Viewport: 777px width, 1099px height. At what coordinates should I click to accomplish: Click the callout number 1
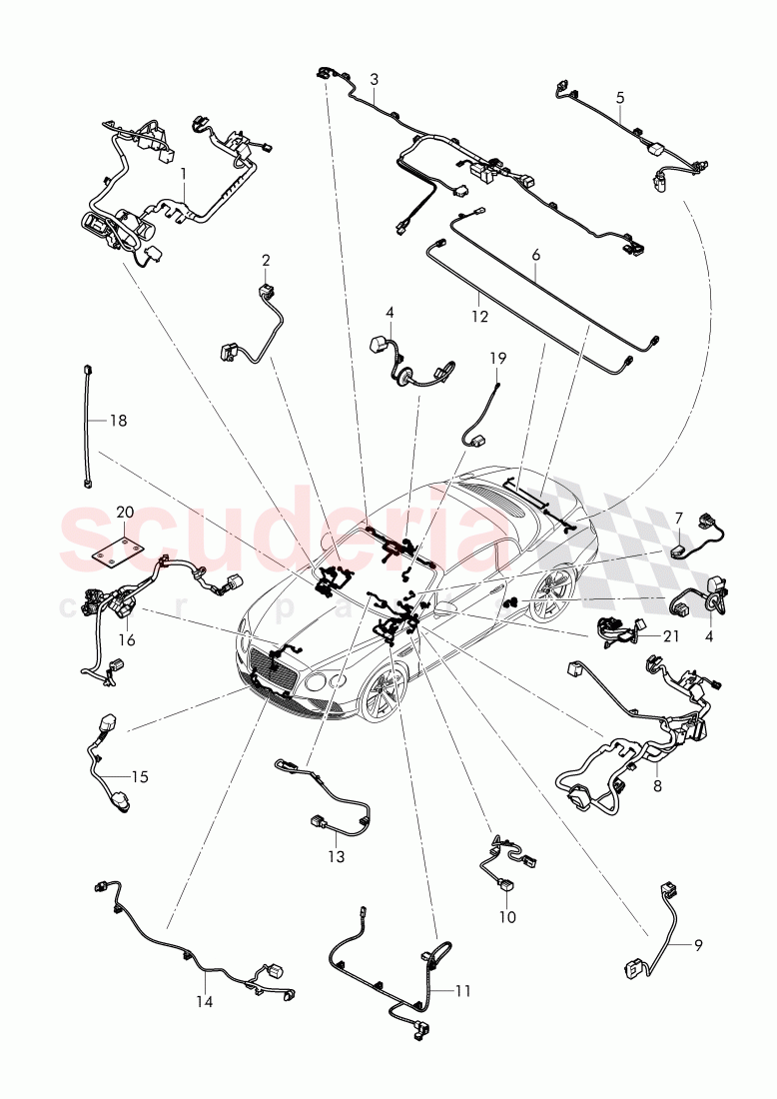(x=184, y=173)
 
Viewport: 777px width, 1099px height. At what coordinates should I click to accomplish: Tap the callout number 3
(x=374, y=78)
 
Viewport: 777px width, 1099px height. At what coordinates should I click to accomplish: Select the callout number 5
(x=619, y=98)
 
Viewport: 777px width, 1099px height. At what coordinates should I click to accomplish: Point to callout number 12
(x=480, y=317)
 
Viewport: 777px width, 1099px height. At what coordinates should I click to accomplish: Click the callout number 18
(x=118, y=421)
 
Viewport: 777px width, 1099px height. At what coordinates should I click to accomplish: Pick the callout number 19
(x=497, y=357)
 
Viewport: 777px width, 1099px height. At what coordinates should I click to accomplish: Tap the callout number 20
(x=125, y=511)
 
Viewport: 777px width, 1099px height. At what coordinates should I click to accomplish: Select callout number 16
(x=126, y=639)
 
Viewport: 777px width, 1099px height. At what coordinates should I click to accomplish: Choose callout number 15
(x=139, y=776)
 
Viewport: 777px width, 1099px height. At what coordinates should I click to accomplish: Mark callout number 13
(x=336, y=856)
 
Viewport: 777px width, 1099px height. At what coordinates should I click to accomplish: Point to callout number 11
(x=461, y=990)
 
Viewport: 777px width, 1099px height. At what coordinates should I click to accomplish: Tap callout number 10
(x=507, y=915)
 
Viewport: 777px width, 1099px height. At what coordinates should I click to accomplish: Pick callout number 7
(x=678, y=518)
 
